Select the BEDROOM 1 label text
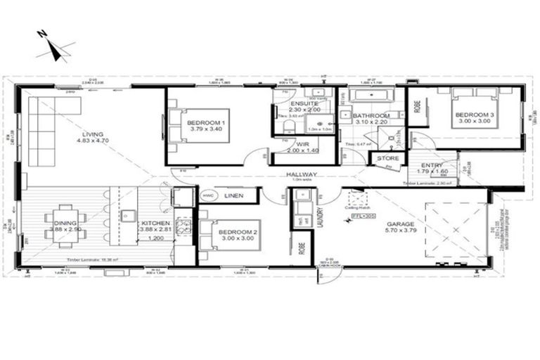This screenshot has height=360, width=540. click(x=205, y=122)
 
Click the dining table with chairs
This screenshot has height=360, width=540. click(x=65, y=226)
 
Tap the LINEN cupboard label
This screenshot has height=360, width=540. click(x=234, y=196)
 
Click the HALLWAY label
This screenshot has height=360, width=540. click(x=301, y=174)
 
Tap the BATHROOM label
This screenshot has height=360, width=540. click(x=371, y=115)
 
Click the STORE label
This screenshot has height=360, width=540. click(x=387, y=159)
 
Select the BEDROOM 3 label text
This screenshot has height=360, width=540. click(x=473, y=115)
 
